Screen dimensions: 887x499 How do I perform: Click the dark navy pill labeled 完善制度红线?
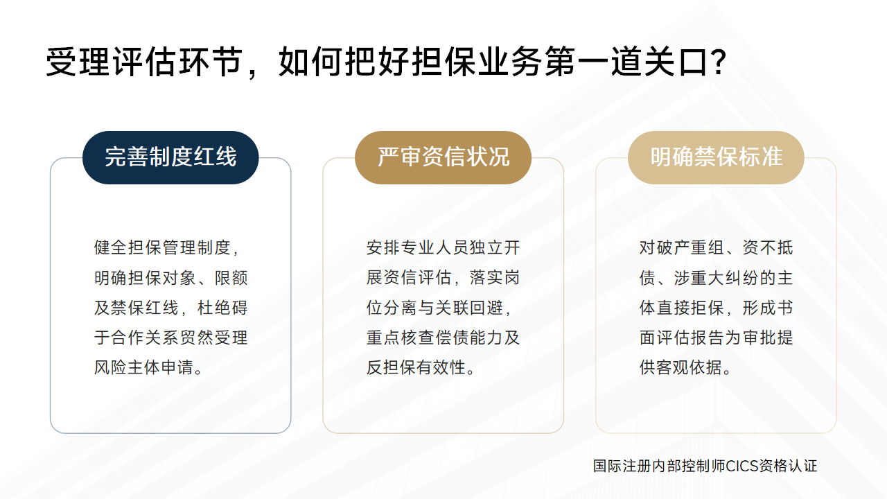click(x=170, y=157)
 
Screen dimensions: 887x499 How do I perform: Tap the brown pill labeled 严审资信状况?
click(x=443, y=157)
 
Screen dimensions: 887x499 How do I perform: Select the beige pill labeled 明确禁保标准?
click(x=716, y=157)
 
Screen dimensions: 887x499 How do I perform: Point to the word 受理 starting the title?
click(x=78, y=62)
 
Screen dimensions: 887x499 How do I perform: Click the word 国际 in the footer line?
click(x=608, y=466)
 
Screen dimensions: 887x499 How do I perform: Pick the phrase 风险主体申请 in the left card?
click(x=143, y=367)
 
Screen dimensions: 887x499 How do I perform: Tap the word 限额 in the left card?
click(x=231, y=278)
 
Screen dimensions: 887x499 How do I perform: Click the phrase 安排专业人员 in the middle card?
click(x=417, y=248)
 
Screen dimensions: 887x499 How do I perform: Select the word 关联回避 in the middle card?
click(x=469, y=308)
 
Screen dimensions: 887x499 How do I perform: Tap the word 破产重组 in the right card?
click(x=690, y=248)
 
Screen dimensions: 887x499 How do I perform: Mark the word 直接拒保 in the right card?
click(x=690, y=308)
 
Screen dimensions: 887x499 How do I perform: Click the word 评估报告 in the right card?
click(x=690, y=338)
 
